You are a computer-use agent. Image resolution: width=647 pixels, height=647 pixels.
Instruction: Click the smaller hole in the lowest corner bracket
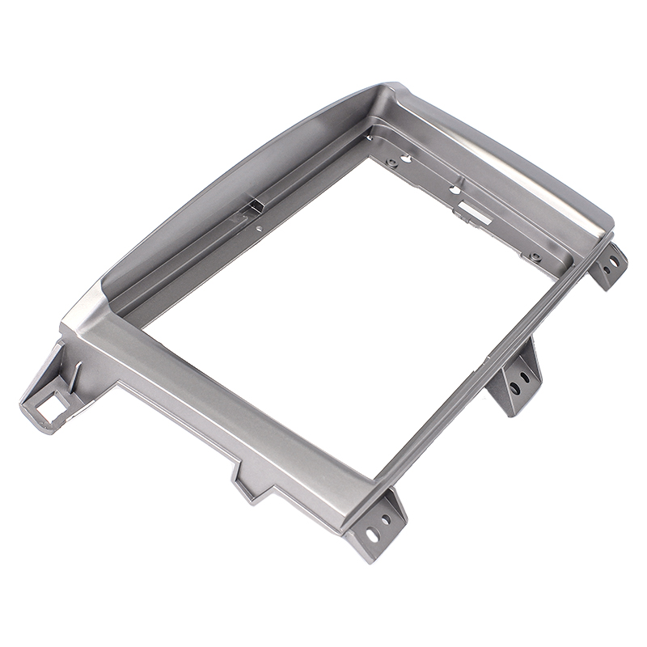pyautogui.click(x=386, y=518)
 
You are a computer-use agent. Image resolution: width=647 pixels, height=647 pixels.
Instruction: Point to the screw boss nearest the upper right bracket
pyautogui.click(x=535, y=257)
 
